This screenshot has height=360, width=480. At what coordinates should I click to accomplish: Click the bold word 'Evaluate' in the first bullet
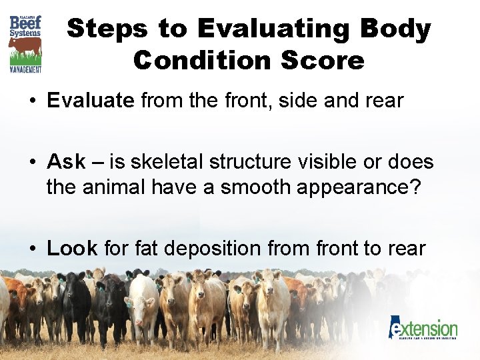[91, 101]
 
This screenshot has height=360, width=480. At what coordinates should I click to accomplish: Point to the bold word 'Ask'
[66, 161]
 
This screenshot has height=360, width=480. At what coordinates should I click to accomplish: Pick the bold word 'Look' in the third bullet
[72, 249]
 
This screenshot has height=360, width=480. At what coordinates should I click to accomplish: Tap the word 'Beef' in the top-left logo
[25, 23]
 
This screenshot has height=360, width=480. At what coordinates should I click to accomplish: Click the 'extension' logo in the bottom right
[424, 329]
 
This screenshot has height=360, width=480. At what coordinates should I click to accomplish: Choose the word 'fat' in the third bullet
[145, 249]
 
